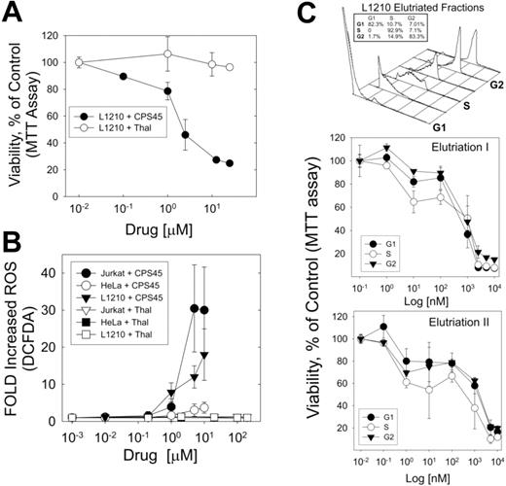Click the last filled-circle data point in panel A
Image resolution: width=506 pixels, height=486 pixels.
[x=229, y=163]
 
